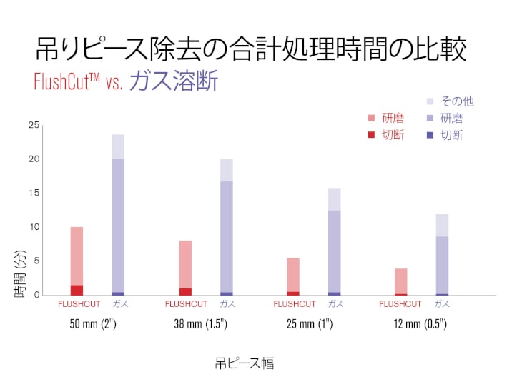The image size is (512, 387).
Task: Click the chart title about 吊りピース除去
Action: pyautogui.click(x=251, y=50)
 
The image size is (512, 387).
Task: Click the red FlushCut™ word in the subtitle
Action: pyautogui.click(x=68, y=81)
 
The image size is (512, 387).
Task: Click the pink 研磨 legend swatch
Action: pyautogui.click(x=370, y=119)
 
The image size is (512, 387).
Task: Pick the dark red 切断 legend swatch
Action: pyautogui.click(x=370, y=135)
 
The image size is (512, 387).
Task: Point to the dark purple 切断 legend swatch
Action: pyautogui.click(x=429, y=135)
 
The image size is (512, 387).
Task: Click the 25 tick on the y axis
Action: pyautogui.click(x=34, y=126)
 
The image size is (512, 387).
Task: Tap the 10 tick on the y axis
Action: pyautogui.click(x=34, y=227)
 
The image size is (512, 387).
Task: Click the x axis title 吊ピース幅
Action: pyautogui.click(x=244, y=363)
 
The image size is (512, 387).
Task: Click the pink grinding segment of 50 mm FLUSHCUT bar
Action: pyautogui.click(x=77, y=256)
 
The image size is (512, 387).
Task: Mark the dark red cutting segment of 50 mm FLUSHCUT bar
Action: pyautogui.click(x=77, y=290)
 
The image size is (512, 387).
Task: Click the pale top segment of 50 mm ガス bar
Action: pyautogui.click(x=118, y=146)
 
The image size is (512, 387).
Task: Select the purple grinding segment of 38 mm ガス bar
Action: pyautogui.click(x=227, y=236)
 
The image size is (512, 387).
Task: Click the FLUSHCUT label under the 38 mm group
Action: pyautogui.click(x=186, y=304)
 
